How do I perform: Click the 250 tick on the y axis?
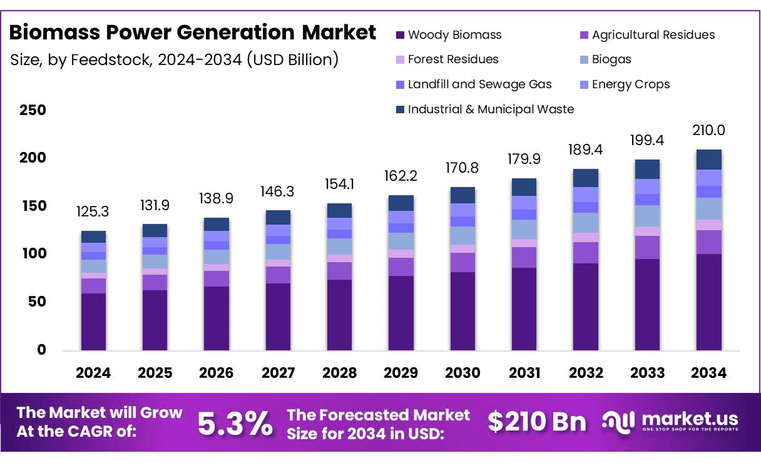click(33, 111)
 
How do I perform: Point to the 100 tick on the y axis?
click(33, 254)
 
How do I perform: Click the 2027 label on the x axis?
click(278, 373)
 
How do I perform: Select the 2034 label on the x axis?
click(709, 373)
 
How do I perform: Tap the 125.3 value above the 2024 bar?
click(93, 212)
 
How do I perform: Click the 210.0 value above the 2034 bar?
click(709, 131)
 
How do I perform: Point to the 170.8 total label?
click(462, 168)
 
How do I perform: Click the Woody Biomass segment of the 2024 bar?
click(93, 322)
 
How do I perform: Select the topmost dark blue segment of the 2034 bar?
click(709, 160)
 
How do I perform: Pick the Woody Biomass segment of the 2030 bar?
click(462, 311)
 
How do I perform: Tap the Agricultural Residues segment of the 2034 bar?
click(709, 242)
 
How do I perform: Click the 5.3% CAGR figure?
click(235, 424)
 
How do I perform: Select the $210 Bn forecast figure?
click(538, 422)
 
